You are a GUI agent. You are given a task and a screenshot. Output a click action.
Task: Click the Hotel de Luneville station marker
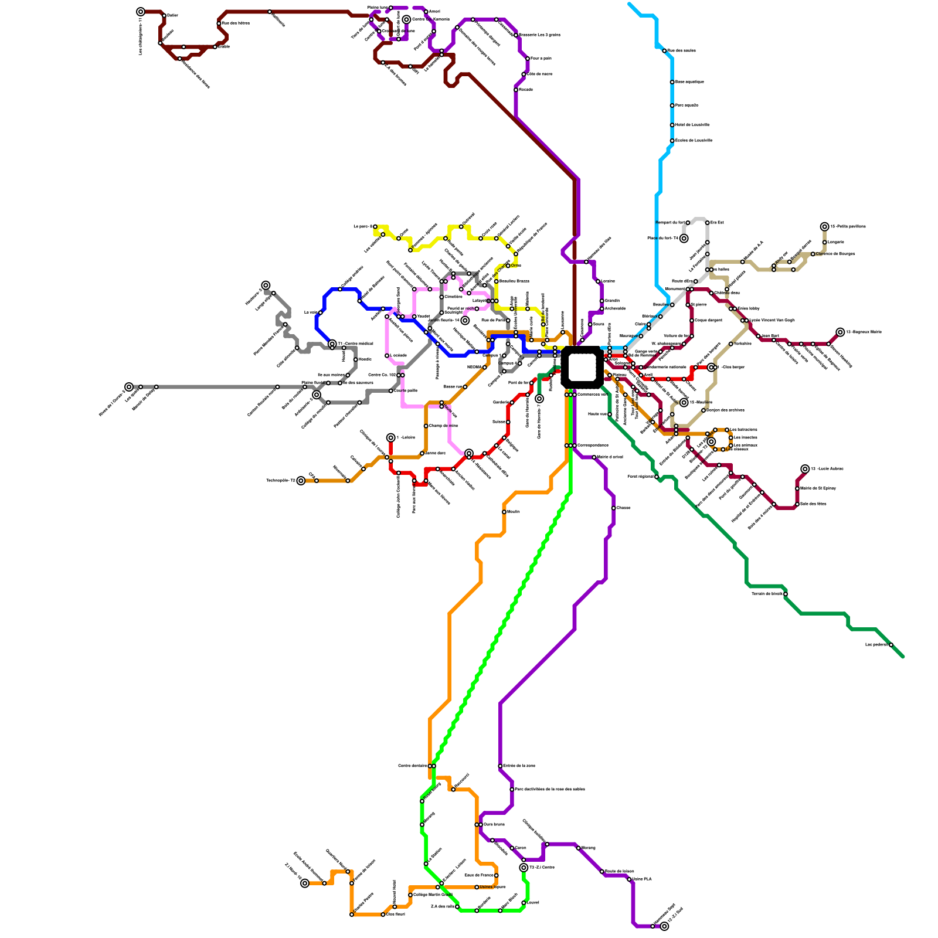coord(672,125)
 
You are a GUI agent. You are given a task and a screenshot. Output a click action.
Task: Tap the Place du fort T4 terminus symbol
coord(684,238)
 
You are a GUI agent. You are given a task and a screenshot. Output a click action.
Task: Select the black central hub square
coord(582,368)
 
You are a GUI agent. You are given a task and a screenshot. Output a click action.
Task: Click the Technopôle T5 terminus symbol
coord(301,481)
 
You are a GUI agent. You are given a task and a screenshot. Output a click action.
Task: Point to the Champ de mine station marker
coord(426,426)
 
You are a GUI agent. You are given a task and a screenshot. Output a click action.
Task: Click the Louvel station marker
coord(524,903)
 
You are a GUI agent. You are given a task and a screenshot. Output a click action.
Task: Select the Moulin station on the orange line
coord(504,512)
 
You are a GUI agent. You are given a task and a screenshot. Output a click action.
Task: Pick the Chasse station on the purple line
coord(613,508)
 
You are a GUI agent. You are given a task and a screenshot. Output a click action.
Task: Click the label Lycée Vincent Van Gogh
coord(772,320)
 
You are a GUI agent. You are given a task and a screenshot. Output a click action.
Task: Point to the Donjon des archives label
coord(725,410)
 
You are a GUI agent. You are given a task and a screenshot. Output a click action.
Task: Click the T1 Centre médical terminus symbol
coord(332,344)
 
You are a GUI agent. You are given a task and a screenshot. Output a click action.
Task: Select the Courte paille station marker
coord(391,390)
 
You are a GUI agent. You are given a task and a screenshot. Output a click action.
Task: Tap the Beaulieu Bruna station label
coord(514,281)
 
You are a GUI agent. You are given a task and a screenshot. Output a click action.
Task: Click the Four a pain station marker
coord(528,59)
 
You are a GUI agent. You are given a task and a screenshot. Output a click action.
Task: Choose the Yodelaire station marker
coord(730,344)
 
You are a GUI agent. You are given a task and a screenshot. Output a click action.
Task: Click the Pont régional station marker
coord(657,477)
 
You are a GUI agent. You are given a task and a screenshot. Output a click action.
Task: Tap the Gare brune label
coord(494,824)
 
